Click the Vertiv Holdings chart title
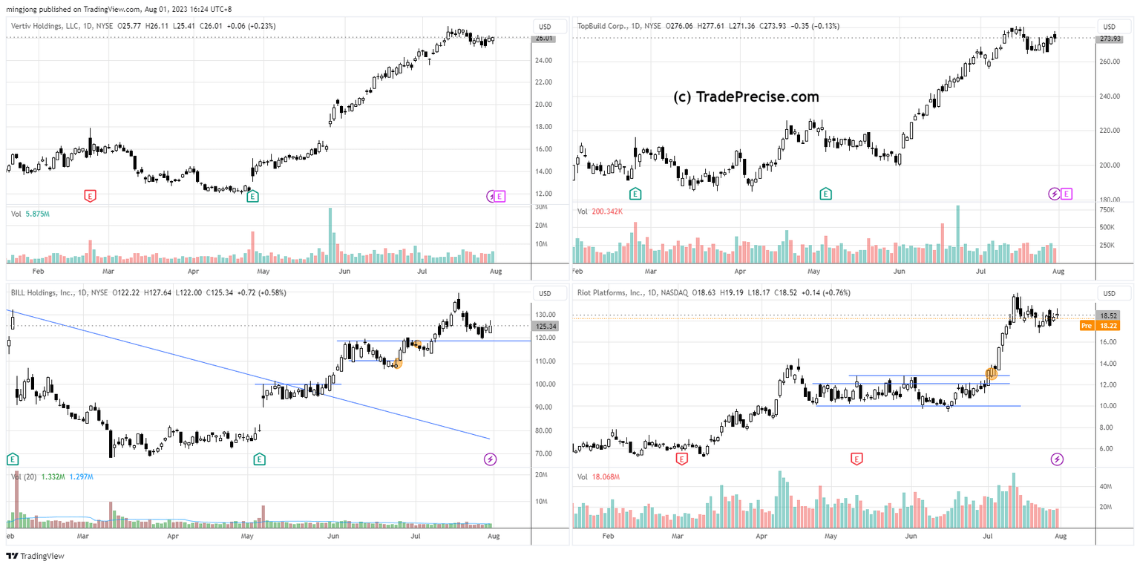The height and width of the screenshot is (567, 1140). [x=45, y=27]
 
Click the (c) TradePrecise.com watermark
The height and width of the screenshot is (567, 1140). [x=746, y=97]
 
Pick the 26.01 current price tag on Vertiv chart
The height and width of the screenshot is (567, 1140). [x=544, y=39]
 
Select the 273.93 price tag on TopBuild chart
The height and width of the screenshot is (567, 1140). [x=1109, y=39]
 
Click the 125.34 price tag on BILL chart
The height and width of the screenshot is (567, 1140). [x=544, y=327]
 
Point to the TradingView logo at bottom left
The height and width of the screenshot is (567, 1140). [x=36, y=556]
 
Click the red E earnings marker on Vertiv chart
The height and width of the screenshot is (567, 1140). [x=90, y=196]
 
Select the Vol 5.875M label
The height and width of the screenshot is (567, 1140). [x=30, y=214]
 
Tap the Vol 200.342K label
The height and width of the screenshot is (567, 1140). [x=600, y=212]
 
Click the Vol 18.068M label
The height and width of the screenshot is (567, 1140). [x=598, y=476]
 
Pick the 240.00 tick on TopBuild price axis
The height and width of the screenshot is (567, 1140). [x=1110, y=96]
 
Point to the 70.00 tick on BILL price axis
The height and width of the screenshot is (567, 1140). [x=542, y=453]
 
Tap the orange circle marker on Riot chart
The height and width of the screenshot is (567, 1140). [x=991, y=373]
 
